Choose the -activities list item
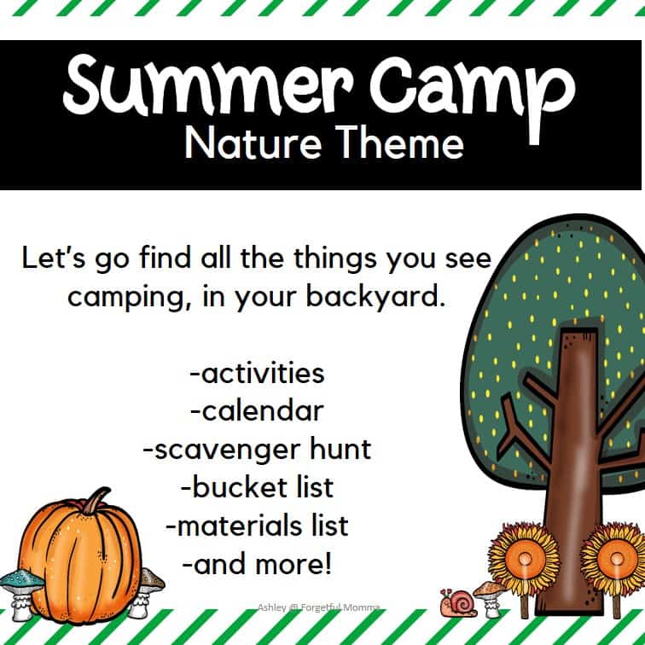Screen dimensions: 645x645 (x=258, y=373)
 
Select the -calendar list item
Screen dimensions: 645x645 (x=258, y=411)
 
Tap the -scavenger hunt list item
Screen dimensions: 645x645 (x=258, y=450)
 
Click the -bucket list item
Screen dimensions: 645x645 (x=258, y=488)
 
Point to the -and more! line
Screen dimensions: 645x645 (x=258, y=564)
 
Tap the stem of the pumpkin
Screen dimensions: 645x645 (x=92, y=501)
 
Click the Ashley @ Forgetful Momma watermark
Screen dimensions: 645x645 (x=320, y=607)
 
